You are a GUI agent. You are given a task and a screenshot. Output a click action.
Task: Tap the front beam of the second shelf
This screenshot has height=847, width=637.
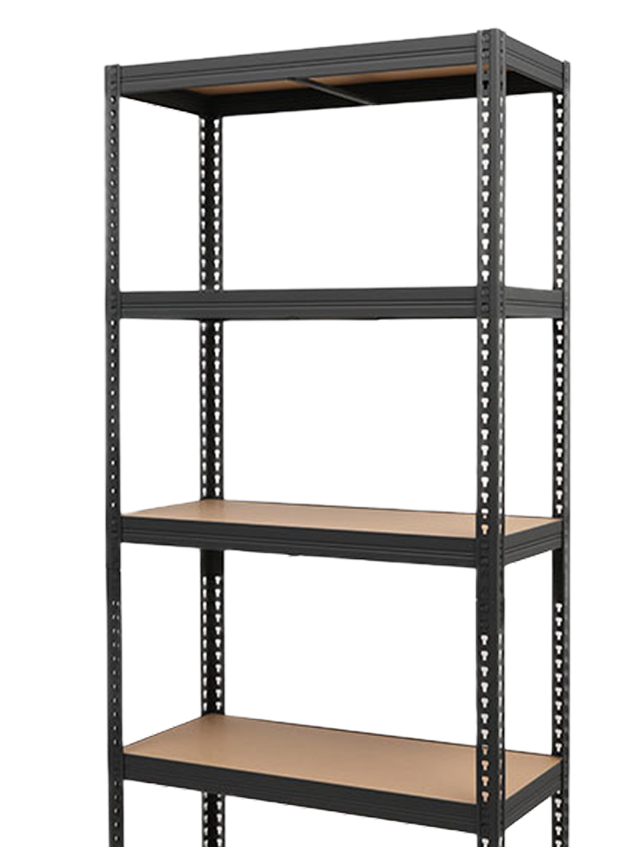[297, 305]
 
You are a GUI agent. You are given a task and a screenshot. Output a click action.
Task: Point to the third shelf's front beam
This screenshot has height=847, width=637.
[297, 532]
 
